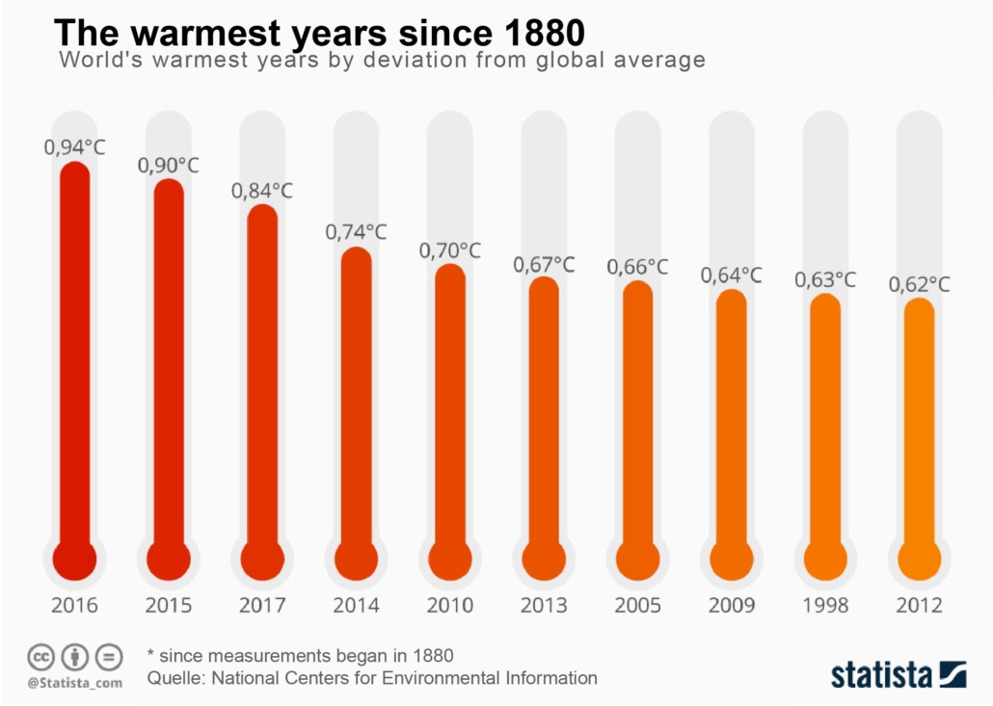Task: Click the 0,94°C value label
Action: pos(74,147)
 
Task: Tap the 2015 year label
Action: pos(169,606)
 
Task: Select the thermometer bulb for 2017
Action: pos(262,560)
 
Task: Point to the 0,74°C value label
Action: pos(356,232)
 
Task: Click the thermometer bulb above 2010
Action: pos(450,560)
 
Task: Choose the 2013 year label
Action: pos(544,606)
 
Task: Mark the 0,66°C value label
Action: pos(637,267)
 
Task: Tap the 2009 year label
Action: pos(732,606)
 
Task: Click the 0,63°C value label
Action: pos(825,280)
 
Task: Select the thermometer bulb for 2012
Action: pos(919,560)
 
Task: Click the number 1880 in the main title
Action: pos(544,32)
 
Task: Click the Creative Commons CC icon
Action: pos(40,658)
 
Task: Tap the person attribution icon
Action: pos(75,658)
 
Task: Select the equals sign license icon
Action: pos(109,658)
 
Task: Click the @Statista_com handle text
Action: pos(74,683)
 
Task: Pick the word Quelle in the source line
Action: pos(175,678)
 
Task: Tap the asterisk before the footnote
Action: pos(151,653)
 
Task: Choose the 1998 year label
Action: pos(825,606)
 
